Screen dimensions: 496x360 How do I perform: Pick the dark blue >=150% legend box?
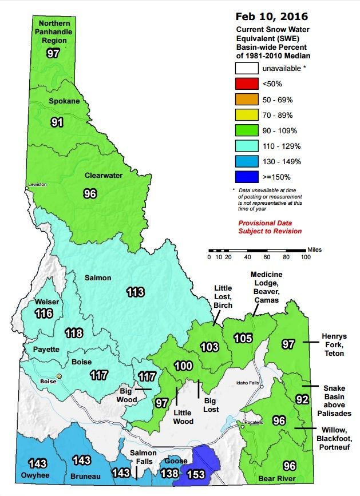point(246,177)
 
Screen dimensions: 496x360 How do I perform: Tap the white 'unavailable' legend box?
point(246,69)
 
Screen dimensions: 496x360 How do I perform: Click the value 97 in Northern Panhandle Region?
point(53,53)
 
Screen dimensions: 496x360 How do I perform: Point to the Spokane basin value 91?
point(57,121)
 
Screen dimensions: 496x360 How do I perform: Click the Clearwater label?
point(104,176)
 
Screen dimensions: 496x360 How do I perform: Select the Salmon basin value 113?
point(136,292)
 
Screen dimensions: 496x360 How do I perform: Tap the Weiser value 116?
point(43,313)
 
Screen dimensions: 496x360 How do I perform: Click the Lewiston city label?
point(37,186)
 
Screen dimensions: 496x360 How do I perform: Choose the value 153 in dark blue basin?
point(197,474)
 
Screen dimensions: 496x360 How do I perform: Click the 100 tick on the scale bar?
point(306,256)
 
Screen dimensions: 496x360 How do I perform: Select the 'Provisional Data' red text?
point(265,223)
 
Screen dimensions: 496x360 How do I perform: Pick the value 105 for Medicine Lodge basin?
point(243,338)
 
